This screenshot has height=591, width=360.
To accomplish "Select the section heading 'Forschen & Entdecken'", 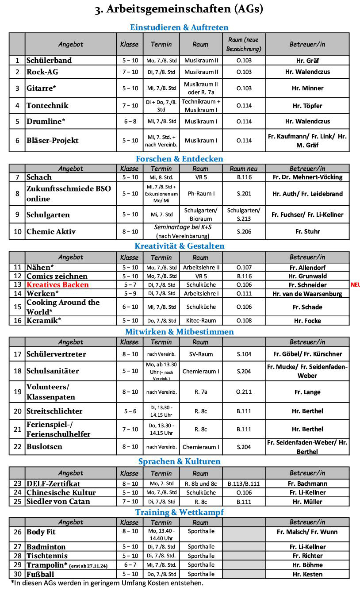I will tap(179, 159).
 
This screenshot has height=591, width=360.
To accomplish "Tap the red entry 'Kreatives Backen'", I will tap(57, 285).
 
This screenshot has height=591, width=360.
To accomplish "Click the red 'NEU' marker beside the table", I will tap(355, 285).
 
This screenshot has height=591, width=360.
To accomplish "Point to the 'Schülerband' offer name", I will tap(49, 61).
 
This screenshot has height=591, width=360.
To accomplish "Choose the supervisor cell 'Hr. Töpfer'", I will tap(307, 106).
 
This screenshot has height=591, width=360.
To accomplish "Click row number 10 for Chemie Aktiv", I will tap(17, 231).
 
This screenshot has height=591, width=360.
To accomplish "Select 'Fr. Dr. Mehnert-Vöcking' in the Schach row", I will tap(307, 177).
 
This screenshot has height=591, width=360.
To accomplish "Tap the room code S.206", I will tap(244, 231).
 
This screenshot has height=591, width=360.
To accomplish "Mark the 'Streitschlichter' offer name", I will tap(54, 411).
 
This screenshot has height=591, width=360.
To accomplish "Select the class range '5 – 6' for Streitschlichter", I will tap(130, 411).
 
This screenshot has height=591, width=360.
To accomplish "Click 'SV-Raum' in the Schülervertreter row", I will tap(200, 354).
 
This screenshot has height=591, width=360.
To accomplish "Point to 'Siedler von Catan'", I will tap(58, 502).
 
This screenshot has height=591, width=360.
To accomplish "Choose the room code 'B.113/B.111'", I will tap(244, 484).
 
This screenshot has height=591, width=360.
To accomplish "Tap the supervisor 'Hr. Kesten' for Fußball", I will tap(307, 574).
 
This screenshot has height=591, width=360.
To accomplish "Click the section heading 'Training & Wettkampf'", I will tap(179, 512).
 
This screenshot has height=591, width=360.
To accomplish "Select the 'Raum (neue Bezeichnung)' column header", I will tap(244, 44).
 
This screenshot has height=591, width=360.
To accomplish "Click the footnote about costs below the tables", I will tap(107, 583).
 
